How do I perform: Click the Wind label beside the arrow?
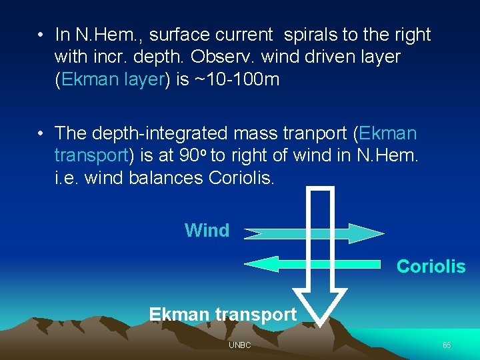(207, 231)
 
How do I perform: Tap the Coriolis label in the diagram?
(431, 267)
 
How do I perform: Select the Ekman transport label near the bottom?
(223, 314)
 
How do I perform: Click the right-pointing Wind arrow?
(313, 233)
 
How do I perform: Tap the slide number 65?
(447, 345)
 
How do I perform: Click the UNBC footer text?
(239, 345)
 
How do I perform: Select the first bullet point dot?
(41, 35)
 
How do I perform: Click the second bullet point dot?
(41, 133)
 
